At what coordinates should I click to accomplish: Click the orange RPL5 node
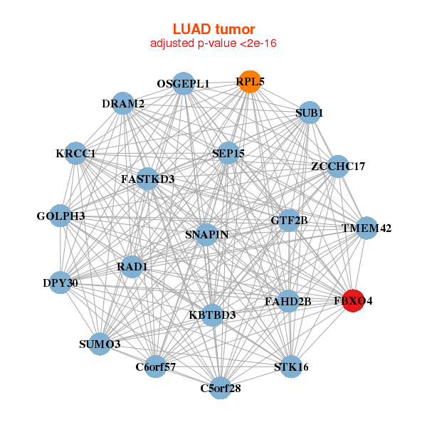(x=249, y=82)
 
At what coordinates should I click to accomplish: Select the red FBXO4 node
(x=354, y=301)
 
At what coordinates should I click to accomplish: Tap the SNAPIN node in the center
(x=206, y=235)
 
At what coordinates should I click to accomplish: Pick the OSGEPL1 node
(x=184, y=83)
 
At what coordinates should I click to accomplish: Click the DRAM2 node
(x=124, y=104)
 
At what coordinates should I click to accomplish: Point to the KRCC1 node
(x=76, y=153)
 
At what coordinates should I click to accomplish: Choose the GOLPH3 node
(x=60, y=216)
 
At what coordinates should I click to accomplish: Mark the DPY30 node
(x=60, y=283)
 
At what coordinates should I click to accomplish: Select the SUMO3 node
(x=100, y=344)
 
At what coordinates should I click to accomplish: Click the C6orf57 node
(x=156, y=367)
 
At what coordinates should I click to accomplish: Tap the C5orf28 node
(x=221, y=388)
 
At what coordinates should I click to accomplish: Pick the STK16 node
(x=291, y=367)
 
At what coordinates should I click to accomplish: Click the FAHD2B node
(x=288, y=301)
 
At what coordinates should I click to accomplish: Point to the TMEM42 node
(x=367, y=228)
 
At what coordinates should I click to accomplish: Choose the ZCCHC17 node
(x=338, y=167)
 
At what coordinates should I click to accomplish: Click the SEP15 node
(x=228, y=153)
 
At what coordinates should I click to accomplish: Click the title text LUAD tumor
(x=213, y=29)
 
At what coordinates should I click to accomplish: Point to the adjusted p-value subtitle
(x=213, y=43)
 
